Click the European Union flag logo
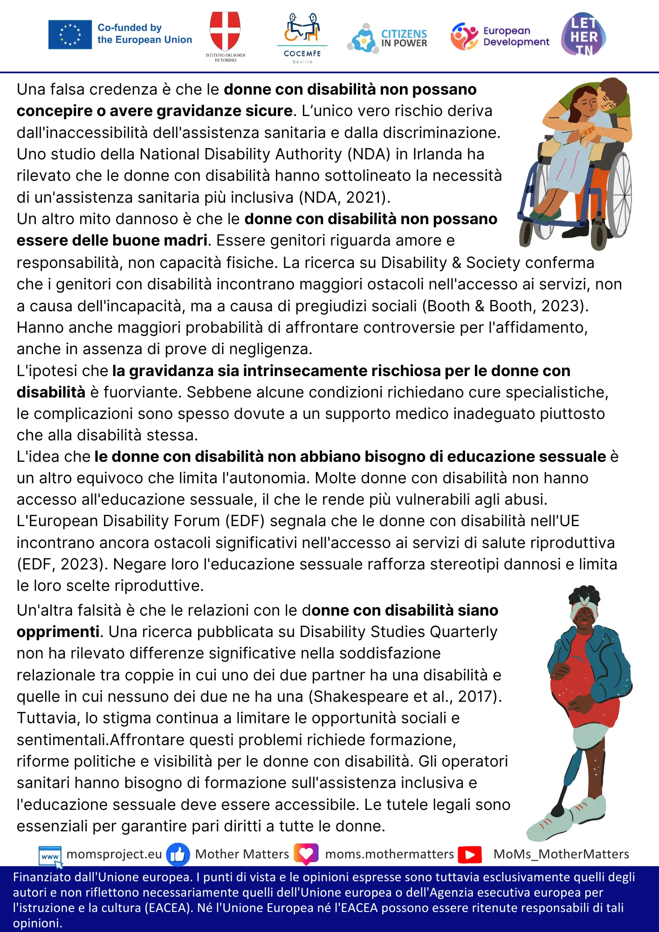[x=70, y=34]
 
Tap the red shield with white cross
[x=225, y=31]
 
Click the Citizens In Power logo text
[x=404, y=38]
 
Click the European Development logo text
[x=516, y=36]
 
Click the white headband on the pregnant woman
[x=583, y=608]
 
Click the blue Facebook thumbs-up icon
[x=178, y=855]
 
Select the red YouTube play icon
[x=469, y=855]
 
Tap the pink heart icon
[x=306, y=854]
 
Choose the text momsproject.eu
[x=114, y=854]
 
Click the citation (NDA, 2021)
[x=344, y=198]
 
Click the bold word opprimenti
[x=58, y=632]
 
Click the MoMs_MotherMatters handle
[x=561, y=854]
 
